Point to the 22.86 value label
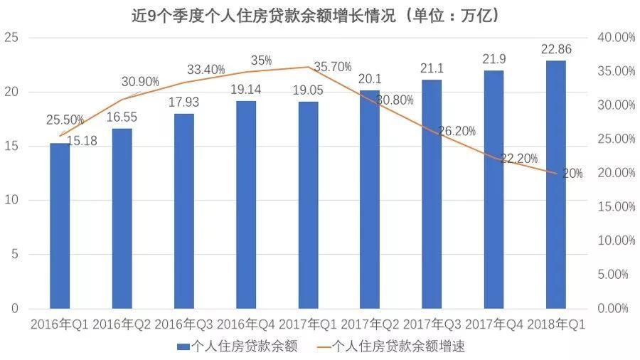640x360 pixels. (556, 50)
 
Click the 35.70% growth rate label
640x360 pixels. (332, 67)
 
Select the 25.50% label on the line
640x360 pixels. (66, 120)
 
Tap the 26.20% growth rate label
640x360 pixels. (457, 132)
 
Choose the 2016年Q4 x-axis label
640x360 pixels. (246, 324)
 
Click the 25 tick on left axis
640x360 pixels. (11, 38)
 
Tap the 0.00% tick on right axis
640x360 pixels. (613, 309)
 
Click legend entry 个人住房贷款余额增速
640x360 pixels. (398, 346)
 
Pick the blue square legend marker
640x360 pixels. (181, 346)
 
